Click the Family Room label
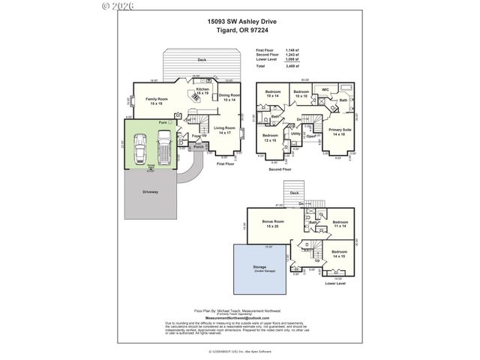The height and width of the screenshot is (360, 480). coord(156,101)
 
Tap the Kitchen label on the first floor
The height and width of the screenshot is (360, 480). coord(202,91)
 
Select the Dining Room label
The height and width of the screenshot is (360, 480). coord(229,97)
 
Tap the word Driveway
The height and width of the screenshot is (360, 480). coord(149,191)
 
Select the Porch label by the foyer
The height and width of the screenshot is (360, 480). coord(198,147)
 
